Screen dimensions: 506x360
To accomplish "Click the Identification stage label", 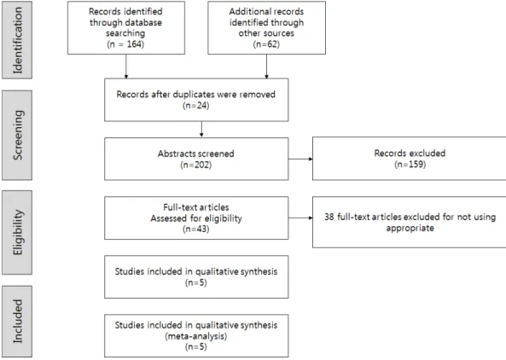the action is click(x=17, y=40).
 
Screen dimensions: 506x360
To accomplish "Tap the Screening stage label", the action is click(x=17, y=135).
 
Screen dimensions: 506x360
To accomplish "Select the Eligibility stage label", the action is click(x=17, y=232).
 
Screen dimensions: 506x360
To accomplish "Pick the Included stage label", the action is click(x=17, y=321).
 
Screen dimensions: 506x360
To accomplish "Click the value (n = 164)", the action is click(x=125, y=44).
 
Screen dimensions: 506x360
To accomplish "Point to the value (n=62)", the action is click(x=266, y=44).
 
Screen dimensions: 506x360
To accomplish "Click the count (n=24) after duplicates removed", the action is click(x=196, y=106).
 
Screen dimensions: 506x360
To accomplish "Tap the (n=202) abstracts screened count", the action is click(x=196, y=165).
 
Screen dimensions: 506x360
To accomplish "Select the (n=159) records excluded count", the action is click(x=410, y=164).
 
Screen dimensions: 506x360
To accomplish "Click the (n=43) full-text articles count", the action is click(x=196, y=229).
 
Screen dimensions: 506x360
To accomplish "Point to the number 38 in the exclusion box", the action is click(x=329, y=217).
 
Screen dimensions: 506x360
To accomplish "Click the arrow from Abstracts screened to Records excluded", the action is click(x=300, y=159).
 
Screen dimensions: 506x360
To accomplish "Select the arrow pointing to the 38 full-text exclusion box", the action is click(x=300, y=218).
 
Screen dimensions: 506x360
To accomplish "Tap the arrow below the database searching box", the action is click(x=125, y=67).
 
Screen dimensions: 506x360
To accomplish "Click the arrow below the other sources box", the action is click(x=266, y=67).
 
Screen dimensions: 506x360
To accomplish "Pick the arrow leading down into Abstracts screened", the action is click(x=201, y=129).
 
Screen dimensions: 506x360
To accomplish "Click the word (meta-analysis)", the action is click(x=196, y=336).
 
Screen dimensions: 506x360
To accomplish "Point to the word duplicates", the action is click(x=194, y=94).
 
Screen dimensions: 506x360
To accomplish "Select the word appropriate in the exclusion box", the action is click(x=410, y=228).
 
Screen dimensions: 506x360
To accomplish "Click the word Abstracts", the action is click(x=174, y=154).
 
